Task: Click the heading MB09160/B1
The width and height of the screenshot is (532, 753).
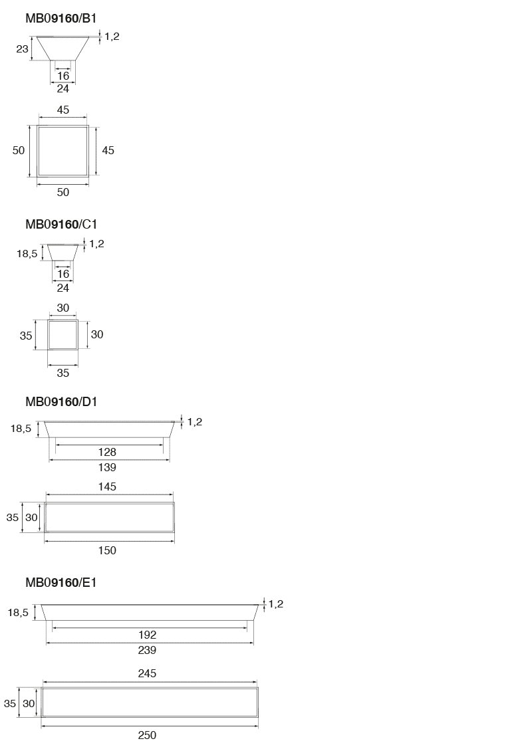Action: point(61,18)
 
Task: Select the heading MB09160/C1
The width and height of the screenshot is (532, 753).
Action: point(61,224)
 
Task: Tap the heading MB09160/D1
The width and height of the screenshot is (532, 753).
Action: point(61,401)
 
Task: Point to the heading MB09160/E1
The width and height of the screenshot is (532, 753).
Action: point(61,582)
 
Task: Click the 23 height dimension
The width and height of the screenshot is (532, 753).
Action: point(22,49)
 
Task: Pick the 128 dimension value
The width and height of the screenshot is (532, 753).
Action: point(107,452)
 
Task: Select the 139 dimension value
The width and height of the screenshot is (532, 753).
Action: point(107,467)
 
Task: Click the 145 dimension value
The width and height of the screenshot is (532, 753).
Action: point(107,486)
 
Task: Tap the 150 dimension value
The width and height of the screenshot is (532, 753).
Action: point(107,550)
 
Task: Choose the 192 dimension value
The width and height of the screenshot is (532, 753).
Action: point(147,635)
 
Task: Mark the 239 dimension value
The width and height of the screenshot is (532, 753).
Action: point(147,650)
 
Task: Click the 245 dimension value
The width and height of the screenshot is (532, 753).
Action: point(147,673)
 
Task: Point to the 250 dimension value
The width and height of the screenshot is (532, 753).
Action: point(147,735)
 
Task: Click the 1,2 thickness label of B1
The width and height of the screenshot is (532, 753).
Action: point(112,37)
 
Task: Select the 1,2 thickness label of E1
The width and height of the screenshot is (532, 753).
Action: point(276,604)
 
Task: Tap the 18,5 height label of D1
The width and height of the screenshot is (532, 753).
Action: point(21,429)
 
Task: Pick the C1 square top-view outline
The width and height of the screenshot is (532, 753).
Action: point(48,334)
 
